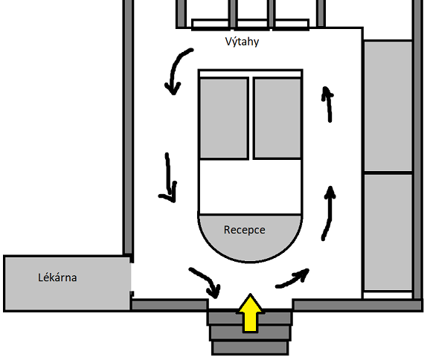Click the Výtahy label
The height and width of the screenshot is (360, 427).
(242, 42)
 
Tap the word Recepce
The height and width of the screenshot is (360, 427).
(244, 230)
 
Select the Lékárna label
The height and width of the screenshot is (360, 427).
(57, 277)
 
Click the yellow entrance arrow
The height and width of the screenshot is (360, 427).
(250, 313)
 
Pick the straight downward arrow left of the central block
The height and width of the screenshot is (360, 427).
(169, 179)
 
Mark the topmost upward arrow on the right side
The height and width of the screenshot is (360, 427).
(328, 104)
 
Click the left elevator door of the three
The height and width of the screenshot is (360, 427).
(211, 24)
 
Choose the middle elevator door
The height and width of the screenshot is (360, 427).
(252, 24)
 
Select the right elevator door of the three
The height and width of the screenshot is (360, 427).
(292, 24)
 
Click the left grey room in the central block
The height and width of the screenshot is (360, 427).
(224, 118)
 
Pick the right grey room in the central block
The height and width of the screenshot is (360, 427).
(277, 118)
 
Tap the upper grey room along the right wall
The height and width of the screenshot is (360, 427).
(388, 106)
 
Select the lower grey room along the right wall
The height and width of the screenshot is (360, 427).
(388, 233)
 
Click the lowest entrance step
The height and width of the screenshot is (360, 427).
(250, 348)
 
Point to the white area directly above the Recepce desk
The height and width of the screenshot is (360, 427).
(250, 187)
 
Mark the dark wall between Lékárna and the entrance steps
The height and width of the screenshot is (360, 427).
(169, 305)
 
